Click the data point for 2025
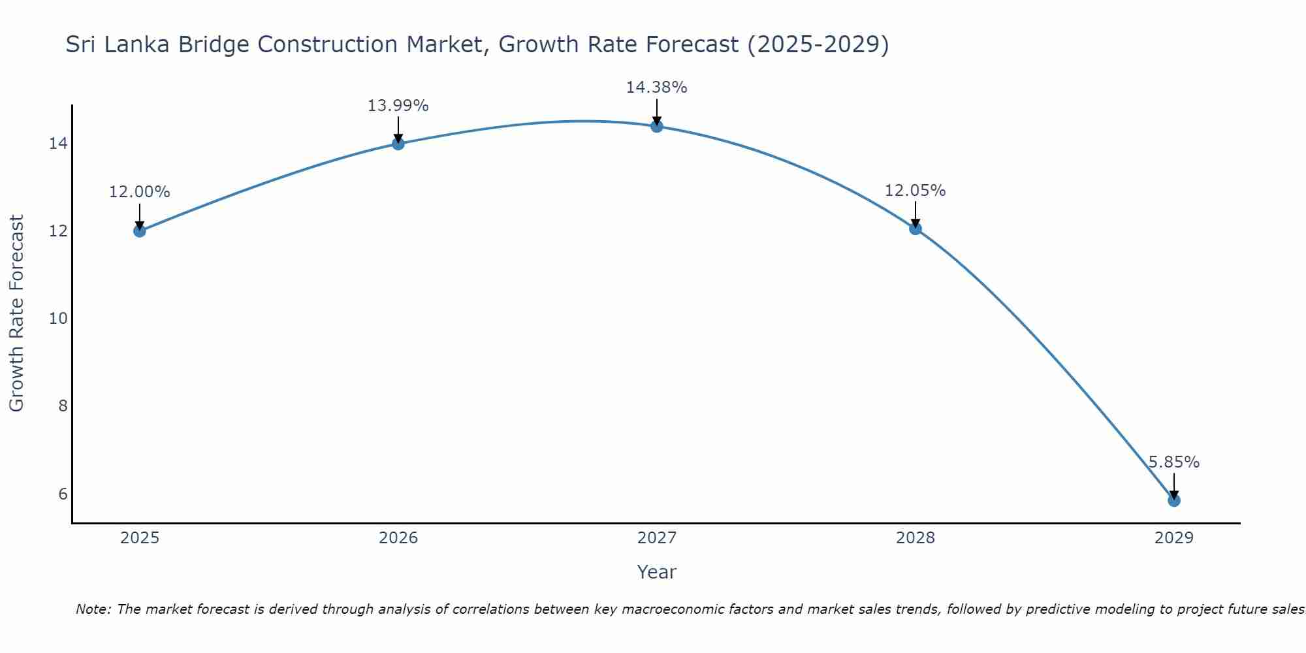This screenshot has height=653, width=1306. pyautogui.click(x=139, y=231)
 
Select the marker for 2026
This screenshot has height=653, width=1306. pyautogui.click(x=398, y=144)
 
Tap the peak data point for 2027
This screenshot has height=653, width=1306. pyautogui.click(x=657, y=126)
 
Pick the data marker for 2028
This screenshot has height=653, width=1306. pyautogui.click(x=916, y=229)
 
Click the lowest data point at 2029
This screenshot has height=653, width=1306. pyautogui.click(x=1174, y=500)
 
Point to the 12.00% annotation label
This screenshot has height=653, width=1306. pyautogui.click(x=139, y=192)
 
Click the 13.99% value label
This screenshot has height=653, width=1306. pyautogui.click(x=398, y=106)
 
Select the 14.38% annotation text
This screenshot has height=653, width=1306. pyautogui.click(x=656, y=88)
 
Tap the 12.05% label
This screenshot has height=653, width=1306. pyautogui.click(x=915, y=191)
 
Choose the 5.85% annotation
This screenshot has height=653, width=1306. pyautogui.click(x=1174, y=462)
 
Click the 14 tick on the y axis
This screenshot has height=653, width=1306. pyautogui.click(x=58, y=144)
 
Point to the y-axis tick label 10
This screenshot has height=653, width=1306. pyautogui.click(x=58, y=319)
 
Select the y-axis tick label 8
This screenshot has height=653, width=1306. pyautogui.click(x=63, y=406)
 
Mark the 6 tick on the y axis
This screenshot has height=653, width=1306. pyautogui.click(x=63, y=494)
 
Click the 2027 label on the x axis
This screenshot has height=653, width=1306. pyautogui.click(x=657, y=538)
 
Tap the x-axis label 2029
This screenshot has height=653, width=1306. pyautogui.click(x=1174, y=538)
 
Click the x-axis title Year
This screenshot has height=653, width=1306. pyautogui.click(x=656, y=572)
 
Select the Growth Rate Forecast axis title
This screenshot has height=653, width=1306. pyautogui.click(x=17, y=313)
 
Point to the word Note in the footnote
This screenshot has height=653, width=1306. pyautogui.click(x=93, y=609)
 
